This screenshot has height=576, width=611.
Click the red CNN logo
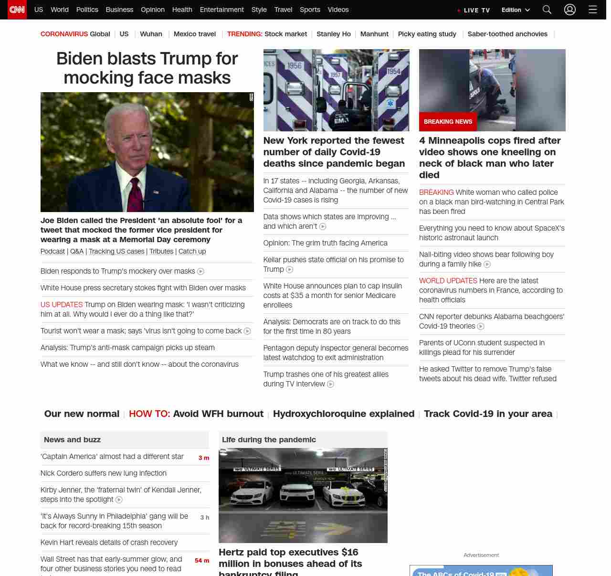(17, 10)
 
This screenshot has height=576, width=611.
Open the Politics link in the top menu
(87, 10)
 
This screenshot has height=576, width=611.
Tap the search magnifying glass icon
(547, 10)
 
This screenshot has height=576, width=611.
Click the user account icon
(570, 10)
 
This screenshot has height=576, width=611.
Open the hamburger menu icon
(593, 10)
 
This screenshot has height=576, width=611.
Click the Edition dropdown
(516, 10)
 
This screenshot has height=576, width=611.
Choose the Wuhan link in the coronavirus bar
(151, 34)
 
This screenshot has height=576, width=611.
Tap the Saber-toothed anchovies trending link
(507, 34)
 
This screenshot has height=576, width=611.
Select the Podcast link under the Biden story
(53, 251)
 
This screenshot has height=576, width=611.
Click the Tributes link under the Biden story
(161, 251)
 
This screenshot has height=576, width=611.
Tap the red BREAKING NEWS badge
(448, 122)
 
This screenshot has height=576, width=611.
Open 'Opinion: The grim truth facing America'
(325, 243)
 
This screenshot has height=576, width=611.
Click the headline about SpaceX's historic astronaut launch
(492, 233)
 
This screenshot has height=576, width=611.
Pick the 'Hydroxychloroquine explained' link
(344, 414)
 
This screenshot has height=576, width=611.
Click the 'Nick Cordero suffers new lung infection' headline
(104, 473)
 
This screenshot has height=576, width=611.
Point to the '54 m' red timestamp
(202, 561)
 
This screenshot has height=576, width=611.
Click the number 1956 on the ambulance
(295, 65)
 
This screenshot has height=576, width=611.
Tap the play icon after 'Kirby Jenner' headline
(119, 500)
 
